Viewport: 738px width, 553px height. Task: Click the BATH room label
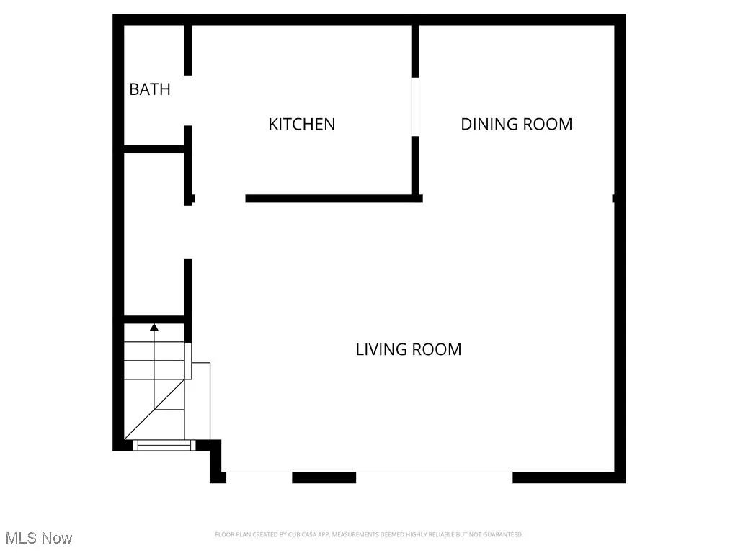coord(150,89)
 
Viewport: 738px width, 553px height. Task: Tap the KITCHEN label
coord(301,124)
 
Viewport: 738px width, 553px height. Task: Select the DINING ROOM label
coord(516,124)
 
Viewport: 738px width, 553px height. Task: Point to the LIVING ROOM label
coord(408,349)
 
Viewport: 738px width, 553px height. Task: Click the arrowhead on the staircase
coord(154,328)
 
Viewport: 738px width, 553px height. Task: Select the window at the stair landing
coord(165,446)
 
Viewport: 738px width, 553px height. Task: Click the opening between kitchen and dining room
coord(415,107)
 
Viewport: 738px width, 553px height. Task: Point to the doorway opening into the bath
coord(188,101)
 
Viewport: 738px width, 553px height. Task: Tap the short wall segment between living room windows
coord(324,477)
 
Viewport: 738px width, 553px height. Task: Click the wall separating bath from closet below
coord(155,150)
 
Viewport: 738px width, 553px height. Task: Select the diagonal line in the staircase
coord(155,410)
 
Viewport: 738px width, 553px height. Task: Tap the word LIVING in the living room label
coord(377,349)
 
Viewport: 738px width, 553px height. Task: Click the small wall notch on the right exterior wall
coord(614,198)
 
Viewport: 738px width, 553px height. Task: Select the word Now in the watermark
coord(57,538)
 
